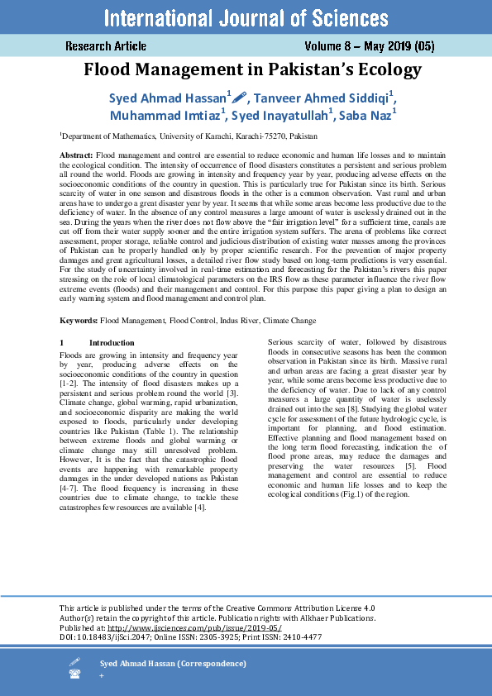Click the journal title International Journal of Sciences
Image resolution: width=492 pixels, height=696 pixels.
(246, 17)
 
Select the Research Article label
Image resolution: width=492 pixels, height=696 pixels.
(106, 46)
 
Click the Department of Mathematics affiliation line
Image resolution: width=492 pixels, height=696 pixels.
(188, 136)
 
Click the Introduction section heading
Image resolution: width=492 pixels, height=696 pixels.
(112, 341)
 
